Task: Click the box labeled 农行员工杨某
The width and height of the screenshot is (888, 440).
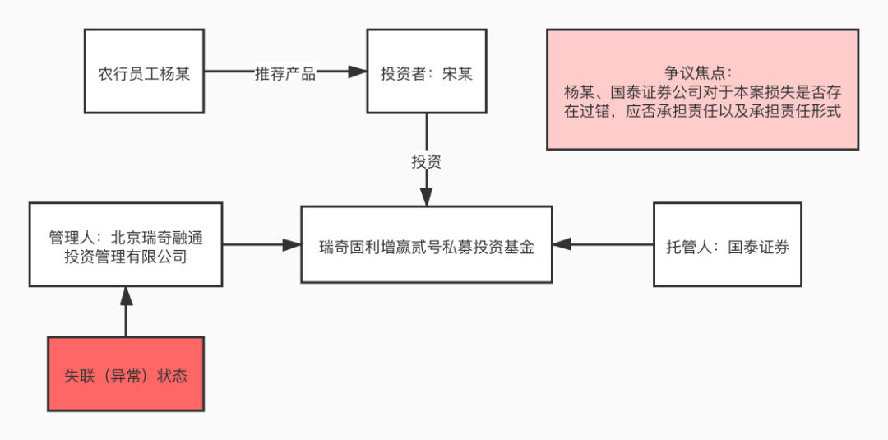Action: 144,72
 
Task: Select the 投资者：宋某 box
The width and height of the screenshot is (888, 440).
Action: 427,72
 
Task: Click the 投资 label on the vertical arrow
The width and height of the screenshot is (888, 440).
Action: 427,161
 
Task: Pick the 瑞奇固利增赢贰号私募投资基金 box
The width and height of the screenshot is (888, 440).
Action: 427,245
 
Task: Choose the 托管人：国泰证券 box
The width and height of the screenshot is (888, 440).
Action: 727,245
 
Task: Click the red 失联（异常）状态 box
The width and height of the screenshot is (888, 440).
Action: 126,375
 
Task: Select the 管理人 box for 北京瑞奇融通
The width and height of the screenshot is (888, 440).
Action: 126,245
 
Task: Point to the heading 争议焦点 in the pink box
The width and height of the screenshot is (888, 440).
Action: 702,72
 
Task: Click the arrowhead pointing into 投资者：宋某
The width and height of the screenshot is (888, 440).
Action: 357,72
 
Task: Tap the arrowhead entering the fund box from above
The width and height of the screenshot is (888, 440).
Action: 427,197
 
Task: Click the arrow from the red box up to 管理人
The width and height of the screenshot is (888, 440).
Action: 126,313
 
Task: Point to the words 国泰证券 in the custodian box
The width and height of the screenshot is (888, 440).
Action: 758,246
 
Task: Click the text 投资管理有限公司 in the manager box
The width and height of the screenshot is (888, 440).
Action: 126,256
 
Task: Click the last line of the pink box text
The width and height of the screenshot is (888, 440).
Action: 702,112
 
